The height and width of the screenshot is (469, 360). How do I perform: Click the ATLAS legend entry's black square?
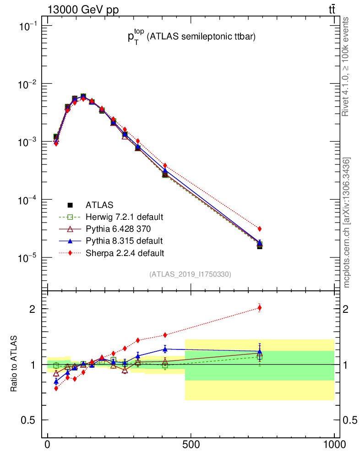[70, 205]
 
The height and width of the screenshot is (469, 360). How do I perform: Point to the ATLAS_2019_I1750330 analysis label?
[190, 274]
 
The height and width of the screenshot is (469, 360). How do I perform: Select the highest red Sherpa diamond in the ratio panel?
[260, 308]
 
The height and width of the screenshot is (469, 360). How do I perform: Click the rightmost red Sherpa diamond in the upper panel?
[260, 229]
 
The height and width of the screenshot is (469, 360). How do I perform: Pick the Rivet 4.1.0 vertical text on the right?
[346, 67]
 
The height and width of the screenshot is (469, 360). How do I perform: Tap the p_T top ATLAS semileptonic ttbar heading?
[191, 38]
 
